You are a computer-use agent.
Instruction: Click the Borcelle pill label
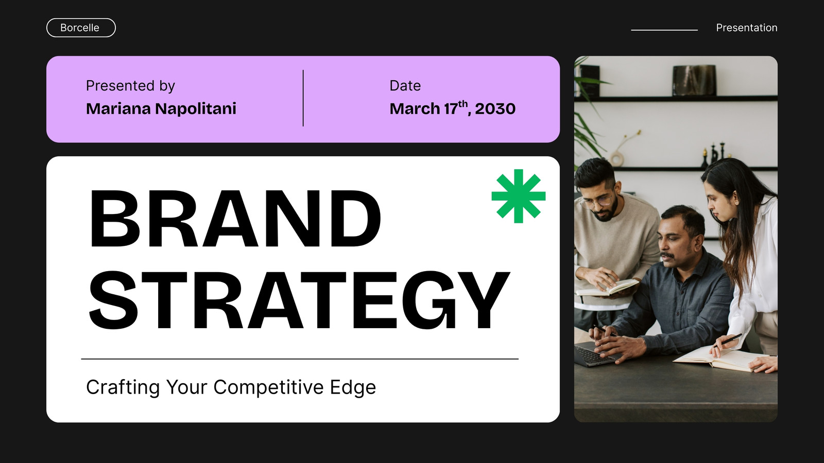81,28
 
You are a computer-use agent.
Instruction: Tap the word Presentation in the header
746,28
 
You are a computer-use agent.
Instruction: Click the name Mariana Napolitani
161,109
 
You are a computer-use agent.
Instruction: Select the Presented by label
130,86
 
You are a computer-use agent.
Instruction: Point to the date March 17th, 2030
453,108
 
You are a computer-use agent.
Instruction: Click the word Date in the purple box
405,85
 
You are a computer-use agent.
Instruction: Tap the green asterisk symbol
518,196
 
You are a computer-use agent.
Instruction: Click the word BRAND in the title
235,219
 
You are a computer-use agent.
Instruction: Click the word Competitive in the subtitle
268,387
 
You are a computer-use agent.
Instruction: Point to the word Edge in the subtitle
353,388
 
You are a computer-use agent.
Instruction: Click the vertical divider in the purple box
303,98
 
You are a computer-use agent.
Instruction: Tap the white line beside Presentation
664,30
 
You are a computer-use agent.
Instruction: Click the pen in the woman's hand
728,340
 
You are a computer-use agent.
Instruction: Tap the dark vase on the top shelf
694,80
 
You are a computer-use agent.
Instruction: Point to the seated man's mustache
667,255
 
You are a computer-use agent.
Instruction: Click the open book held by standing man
607,288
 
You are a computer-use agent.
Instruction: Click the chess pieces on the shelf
714,154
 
